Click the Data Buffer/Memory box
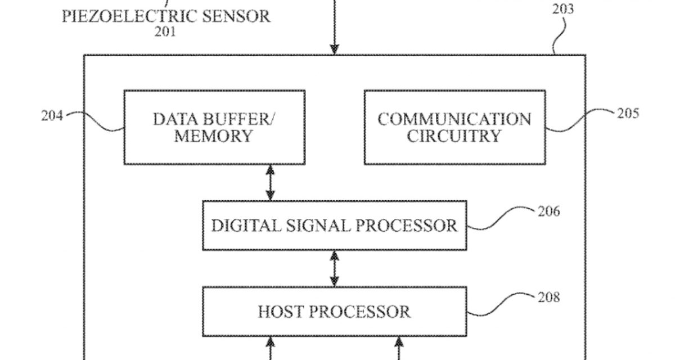[x=214, y=127]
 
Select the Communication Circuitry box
[x=454, y=127]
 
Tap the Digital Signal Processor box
[x=335, y=226]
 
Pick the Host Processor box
[x=335, y=311]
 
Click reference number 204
[x=53, y=116]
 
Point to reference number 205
[x=627, y=113]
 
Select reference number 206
[x=548, y=211]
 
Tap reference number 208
[x=548, y=297]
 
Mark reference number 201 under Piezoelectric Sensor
[x=165, y=31]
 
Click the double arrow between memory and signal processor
[x=271, y=182]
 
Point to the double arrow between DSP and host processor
[x=335, y=268]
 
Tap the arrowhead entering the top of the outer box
[x=335, y=50]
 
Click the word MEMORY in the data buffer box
[x=213, y=136]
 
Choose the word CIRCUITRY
[x=454, y=136]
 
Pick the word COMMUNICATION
[x=454, y=119]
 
